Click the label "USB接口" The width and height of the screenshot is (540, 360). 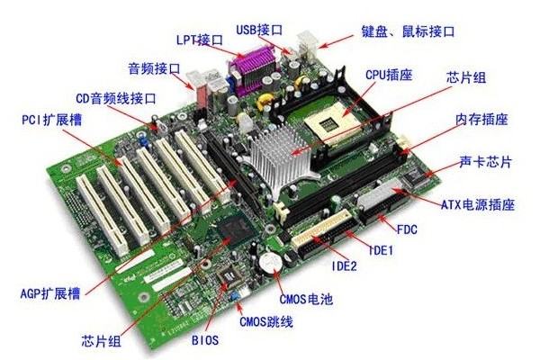259,30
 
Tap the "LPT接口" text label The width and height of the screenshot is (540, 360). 200,40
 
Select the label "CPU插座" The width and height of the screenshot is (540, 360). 389,75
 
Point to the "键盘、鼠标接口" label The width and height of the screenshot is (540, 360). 408,31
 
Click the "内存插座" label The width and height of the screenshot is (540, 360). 481,119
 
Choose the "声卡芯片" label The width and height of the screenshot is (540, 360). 486,162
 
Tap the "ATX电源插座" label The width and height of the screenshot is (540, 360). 478,204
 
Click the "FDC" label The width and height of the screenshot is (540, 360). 407,229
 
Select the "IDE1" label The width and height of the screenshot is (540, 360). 381,250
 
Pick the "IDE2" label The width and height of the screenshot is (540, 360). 345,266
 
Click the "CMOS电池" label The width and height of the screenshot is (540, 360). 306,299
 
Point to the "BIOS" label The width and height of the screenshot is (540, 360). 205,340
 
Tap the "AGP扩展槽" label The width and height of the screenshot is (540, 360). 50,294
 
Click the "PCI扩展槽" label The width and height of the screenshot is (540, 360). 52,120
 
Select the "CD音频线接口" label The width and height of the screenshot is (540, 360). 116,98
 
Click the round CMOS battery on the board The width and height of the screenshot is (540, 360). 271,264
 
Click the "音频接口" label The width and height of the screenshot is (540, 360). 154,68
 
